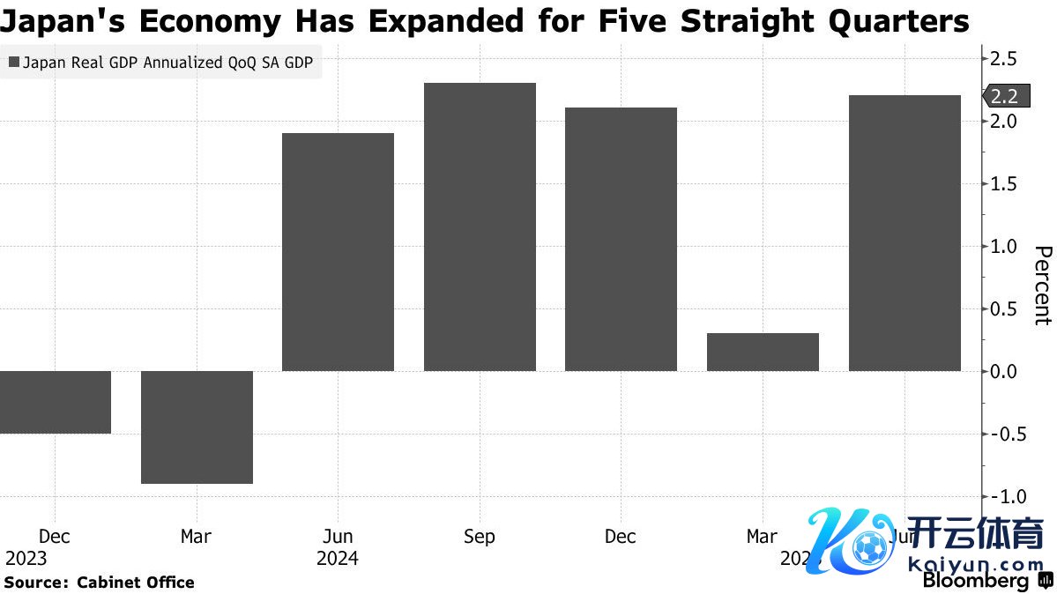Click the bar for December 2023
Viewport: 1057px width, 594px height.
point(55,402)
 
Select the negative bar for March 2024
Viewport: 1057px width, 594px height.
point(197,427)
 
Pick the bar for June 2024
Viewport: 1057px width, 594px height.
point(338,252)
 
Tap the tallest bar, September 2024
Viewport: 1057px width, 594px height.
point(480,226)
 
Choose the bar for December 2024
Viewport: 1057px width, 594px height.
point(621,239)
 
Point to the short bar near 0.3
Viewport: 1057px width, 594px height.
point(763,352)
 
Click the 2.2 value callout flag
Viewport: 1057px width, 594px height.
point(1003,96)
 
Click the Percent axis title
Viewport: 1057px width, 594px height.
point(1042,286)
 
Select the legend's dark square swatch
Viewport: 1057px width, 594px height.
point(14,63)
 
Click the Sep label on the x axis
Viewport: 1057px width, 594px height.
point(480,537)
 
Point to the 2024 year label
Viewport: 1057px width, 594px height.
point(338,559)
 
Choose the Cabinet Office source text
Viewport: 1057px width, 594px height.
point(136,582)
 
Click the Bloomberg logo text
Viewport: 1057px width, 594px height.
point(976,581)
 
